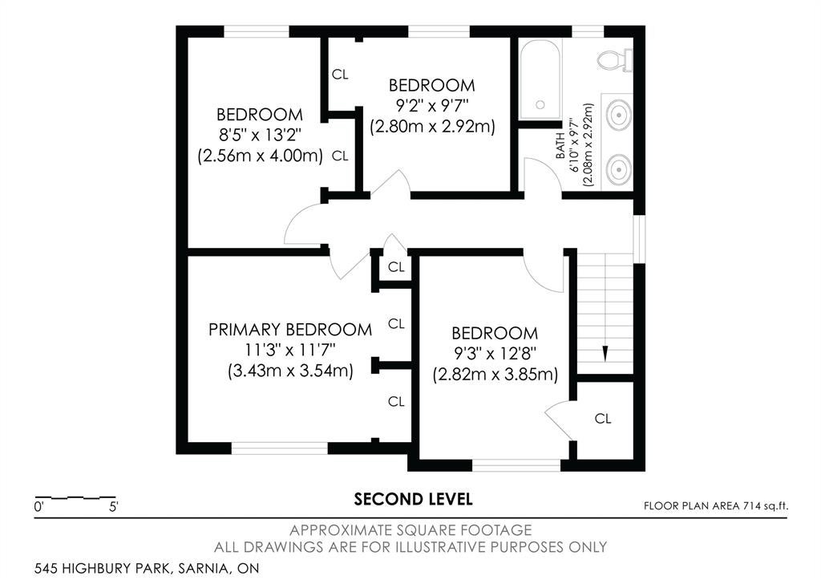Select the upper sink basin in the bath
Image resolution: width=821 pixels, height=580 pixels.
[x=618, y=114]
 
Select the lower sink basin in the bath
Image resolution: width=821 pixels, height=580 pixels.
[x=618, y=168]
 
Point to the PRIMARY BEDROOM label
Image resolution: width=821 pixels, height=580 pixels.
[x=290, y=330]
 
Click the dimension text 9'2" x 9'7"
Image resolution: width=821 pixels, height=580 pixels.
[x=432, y=106]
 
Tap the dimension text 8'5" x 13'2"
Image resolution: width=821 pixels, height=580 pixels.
[x=260, y=136]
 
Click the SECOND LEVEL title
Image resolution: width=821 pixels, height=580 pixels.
[x=413, y=499]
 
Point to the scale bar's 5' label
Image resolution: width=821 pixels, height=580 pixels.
[x=114, y=507]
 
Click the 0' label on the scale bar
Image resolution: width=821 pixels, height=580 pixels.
[x=39, y=507]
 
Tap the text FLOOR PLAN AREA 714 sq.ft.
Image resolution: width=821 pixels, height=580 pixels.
[x=715, y=506]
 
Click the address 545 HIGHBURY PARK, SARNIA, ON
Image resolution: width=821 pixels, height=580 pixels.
[x=147, y=568]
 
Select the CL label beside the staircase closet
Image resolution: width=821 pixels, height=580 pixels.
[x=603, y=419]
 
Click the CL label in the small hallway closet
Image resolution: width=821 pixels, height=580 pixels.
[x=396, y=267]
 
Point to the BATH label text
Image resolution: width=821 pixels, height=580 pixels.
[x=560, y=146]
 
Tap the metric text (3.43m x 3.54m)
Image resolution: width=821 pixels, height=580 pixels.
[x=290, y=371]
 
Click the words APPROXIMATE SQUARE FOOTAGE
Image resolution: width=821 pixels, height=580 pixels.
[x=410, y=530]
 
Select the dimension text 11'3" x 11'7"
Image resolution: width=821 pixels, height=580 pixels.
[x=290, y=350]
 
